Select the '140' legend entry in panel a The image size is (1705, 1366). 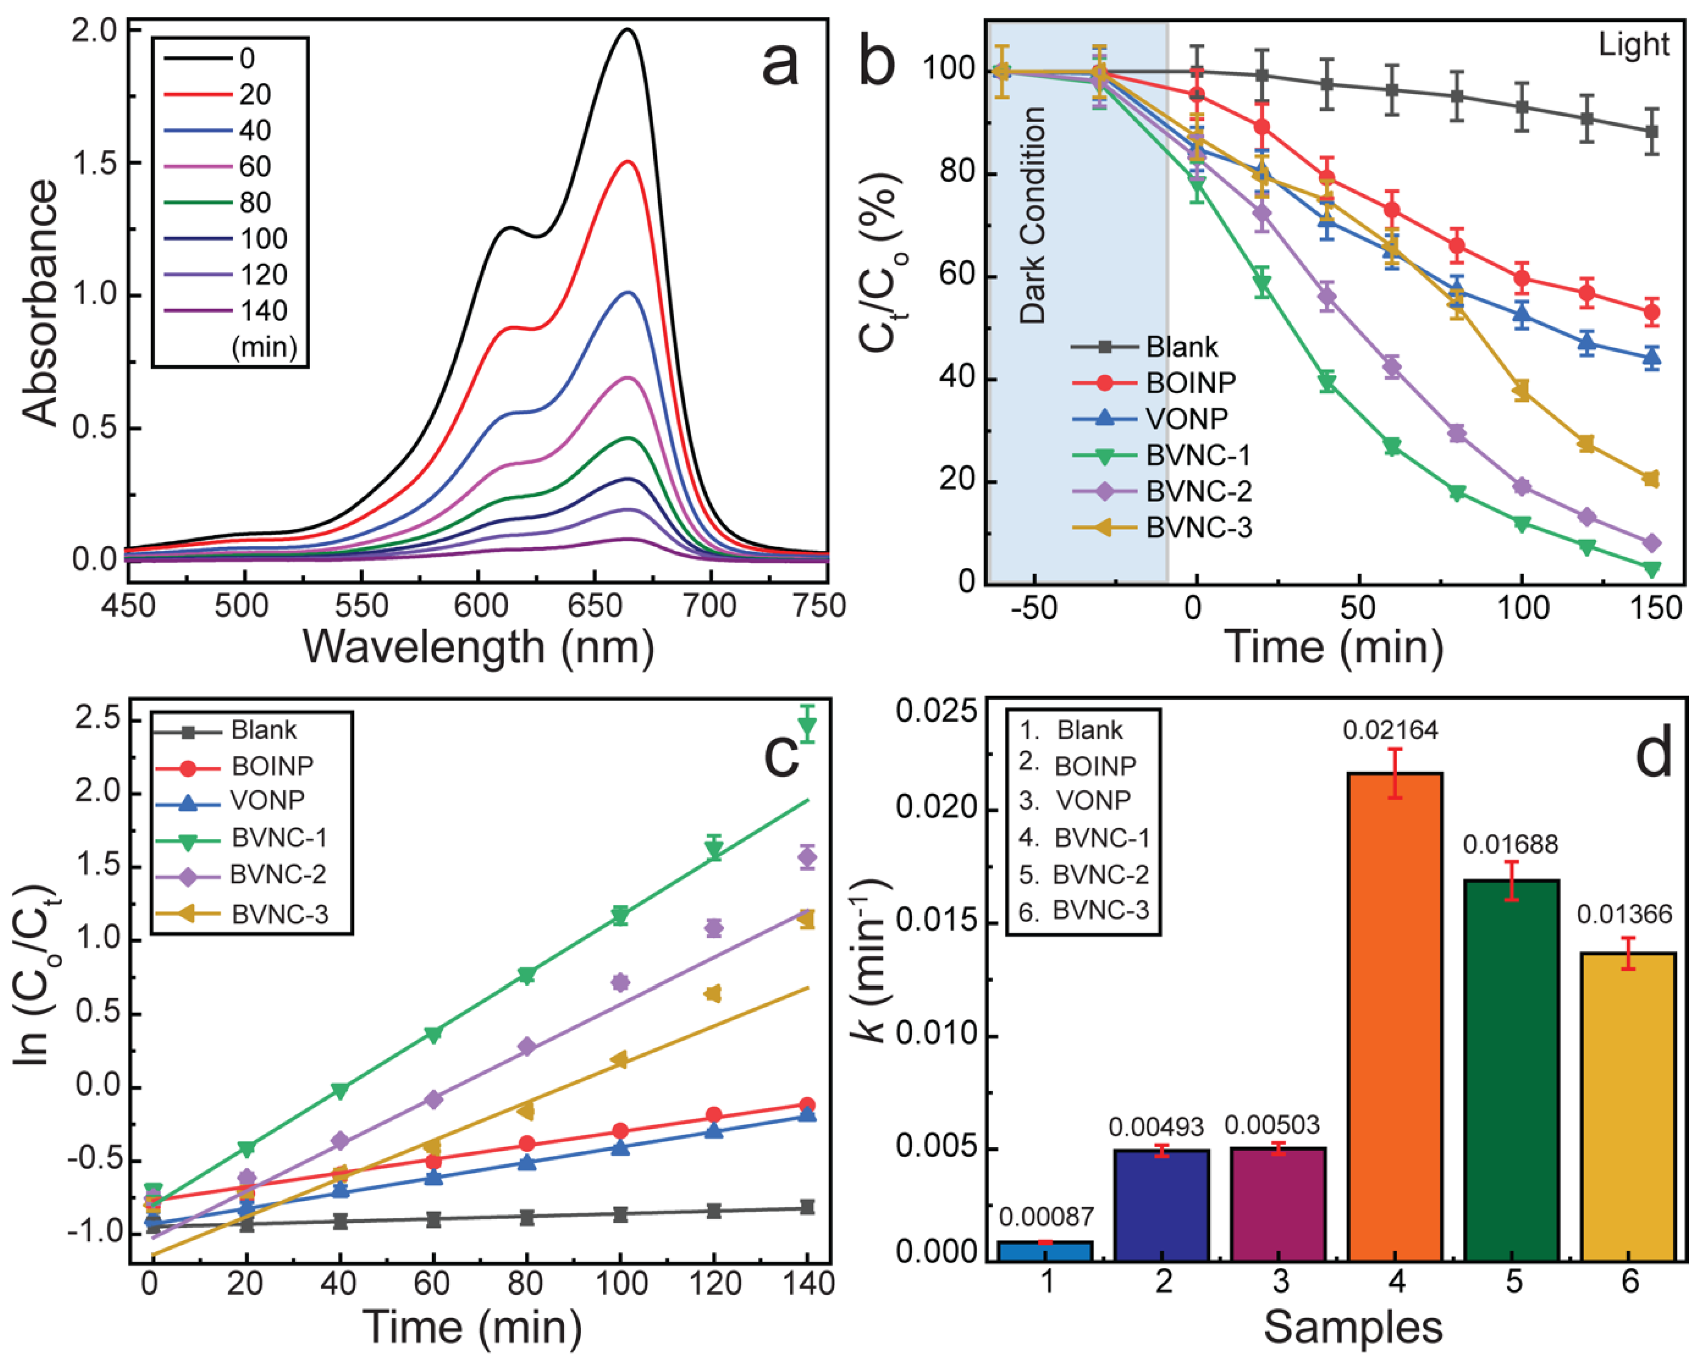pos(264,310)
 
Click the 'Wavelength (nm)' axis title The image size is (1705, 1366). pos(478,646)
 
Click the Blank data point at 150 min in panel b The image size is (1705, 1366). pos(1651,131)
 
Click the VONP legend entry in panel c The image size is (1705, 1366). pos(267,800)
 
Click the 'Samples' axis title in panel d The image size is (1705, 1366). pos(1353,1327)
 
